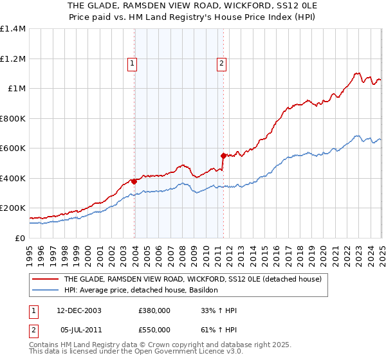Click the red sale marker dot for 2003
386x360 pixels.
pyautogui.click(x=134, y=181)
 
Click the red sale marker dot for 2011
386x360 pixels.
pyautogui.click(x=223, y=156)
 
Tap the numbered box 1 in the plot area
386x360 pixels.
pyautogui.click(x=131, y=63)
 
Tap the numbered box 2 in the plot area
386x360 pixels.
pyautogui.click(x=221, y=63)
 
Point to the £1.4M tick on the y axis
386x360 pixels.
pyautogui.click(x=14, y=29)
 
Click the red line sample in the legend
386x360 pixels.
pyautogui.click(x=46, y=280)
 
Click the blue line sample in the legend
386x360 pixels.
pyautogui.click(x=46, y=291)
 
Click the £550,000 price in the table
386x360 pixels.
pyautogui.click(x=154, y=330)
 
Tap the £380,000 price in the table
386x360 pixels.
pyautogui.click(x=154, y=311)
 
